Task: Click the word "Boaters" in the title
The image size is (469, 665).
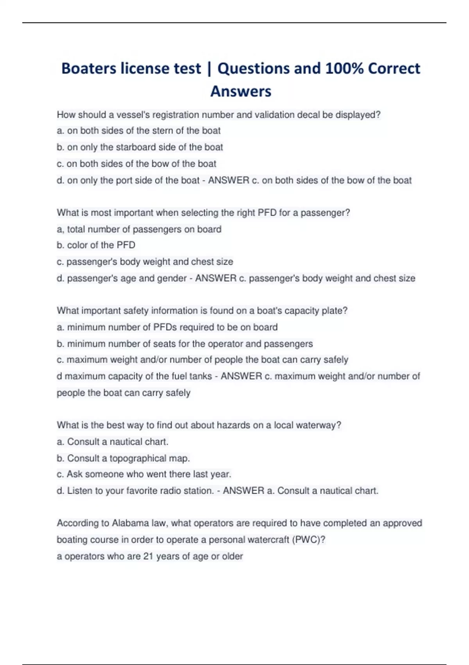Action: point(89,68)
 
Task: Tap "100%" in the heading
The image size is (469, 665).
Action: point(344,68)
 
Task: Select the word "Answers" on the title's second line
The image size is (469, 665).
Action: point(241,92)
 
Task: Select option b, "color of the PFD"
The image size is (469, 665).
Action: point(96,245)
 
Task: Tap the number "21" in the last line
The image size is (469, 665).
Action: point(148,556)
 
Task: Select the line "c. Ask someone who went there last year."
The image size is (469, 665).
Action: point(144,474)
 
